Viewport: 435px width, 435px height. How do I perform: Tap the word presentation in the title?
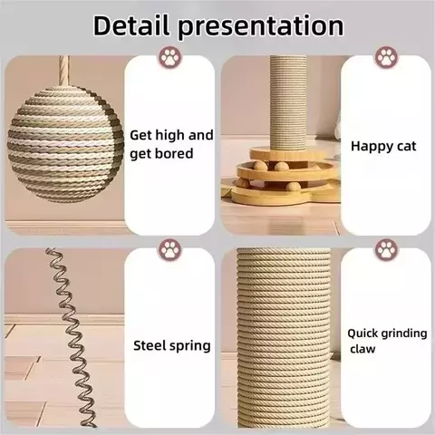[263, 27]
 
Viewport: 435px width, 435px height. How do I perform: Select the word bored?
[173, 154]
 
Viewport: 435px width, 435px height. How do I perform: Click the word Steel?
[150, 345]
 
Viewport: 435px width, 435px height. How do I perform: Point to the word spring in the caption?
[191, 346]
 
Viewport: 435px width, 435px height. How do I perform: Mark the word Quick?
[363, 333]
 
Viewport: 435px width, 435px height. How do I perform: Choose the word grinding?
[404, 333]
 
